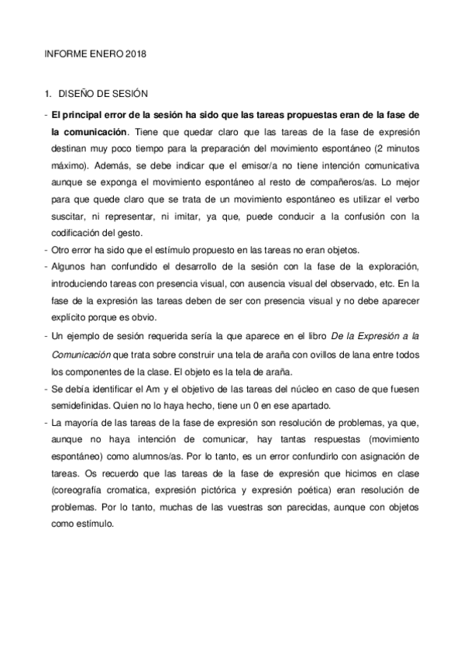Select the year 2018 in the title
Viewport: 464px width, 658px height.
pyautogui.click(x=131, y=55)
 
